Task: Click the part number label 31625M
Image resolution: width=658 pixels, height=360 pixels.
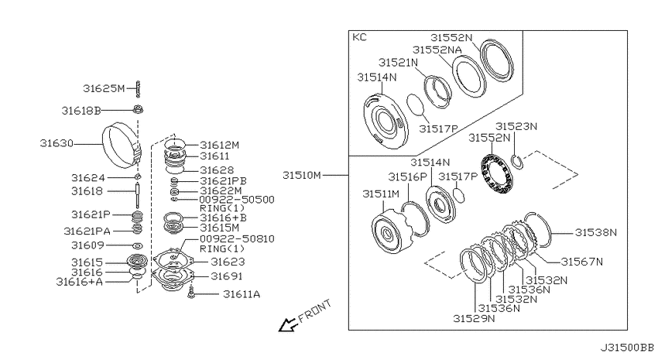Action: [104, 88]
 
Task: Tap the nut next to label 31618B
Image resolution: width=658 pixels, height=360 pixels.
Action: [138, 110]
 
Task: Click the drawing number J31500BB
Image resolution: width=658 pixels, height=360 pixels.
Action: [627, 348]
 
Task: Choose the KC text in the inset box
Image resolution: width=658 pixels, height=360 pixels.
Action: [359, 37]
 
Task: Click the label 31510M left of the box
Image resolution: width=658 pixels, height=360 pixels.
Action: [302, 175]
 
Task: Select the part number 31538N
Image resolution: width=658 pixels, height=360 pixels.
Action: [596, 232]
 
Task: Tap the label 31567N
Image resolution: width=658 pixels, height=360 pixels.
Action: [582, 262]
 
